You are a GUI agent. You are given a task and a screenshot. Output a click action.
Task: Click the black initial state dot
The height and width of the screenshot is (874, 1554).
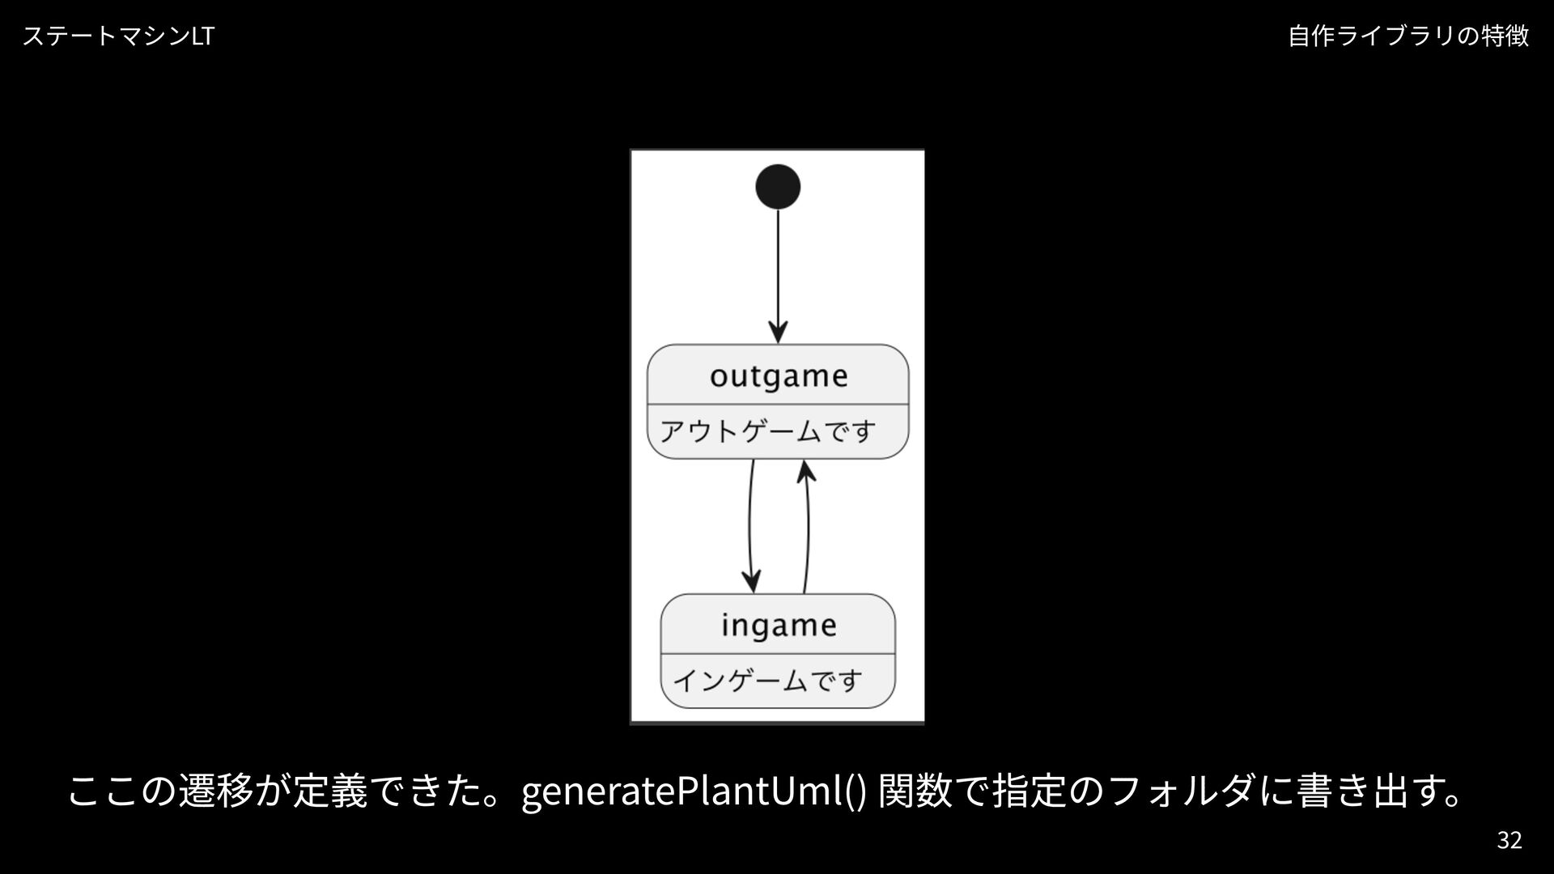(778, 187)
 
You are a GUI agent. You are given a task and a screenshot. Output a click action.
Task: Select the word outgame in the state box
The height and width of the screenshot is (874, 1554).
(779, 375)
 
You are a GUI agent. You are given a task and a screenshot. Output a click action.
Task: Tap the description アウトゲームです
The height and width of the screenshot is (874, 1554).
(767, 431)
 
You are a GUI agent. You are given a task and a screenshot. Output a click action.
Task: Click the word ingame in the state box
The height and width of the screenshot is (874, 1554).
(779, 625)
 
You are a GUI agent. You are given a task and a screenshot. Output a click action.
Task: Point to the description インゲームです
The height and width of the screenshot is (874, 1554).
(767, 680)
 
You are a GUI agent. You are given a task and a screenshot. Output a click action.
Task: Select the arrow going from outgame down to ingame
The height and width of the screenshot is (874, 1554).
(750, 526)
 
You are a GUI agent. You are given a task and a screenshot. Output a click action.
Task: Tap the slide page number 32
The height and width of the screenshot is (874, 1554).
(1509, 840)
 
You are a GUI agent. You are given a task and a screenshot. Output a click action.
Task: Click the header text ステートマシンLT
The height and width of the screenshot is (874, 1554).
(118, 36)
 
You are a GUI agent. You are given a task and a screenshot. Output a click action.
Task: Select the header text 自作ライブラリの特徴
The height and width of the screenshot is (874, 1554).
(1408, 36)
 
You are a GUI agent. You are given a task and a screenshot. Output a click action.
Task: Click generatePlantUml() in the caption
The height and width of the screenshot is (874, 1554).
(694, 791)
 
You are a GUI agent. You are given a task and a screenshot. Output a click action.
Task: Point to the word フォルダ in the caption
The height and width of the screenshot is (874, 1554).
(1186, 791)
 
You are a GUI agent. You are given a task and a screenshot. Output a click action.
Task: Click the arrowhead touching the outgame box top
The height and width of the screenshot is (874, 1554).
(778, 333)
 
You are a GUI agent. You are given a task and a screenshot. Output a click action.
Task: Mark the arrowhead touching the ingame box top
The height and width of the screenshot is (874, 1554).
(752, 581)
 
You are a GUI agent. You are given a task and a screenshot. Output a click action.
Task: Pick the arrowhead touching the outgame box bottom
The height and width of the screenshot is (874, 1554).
(805, 472)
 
